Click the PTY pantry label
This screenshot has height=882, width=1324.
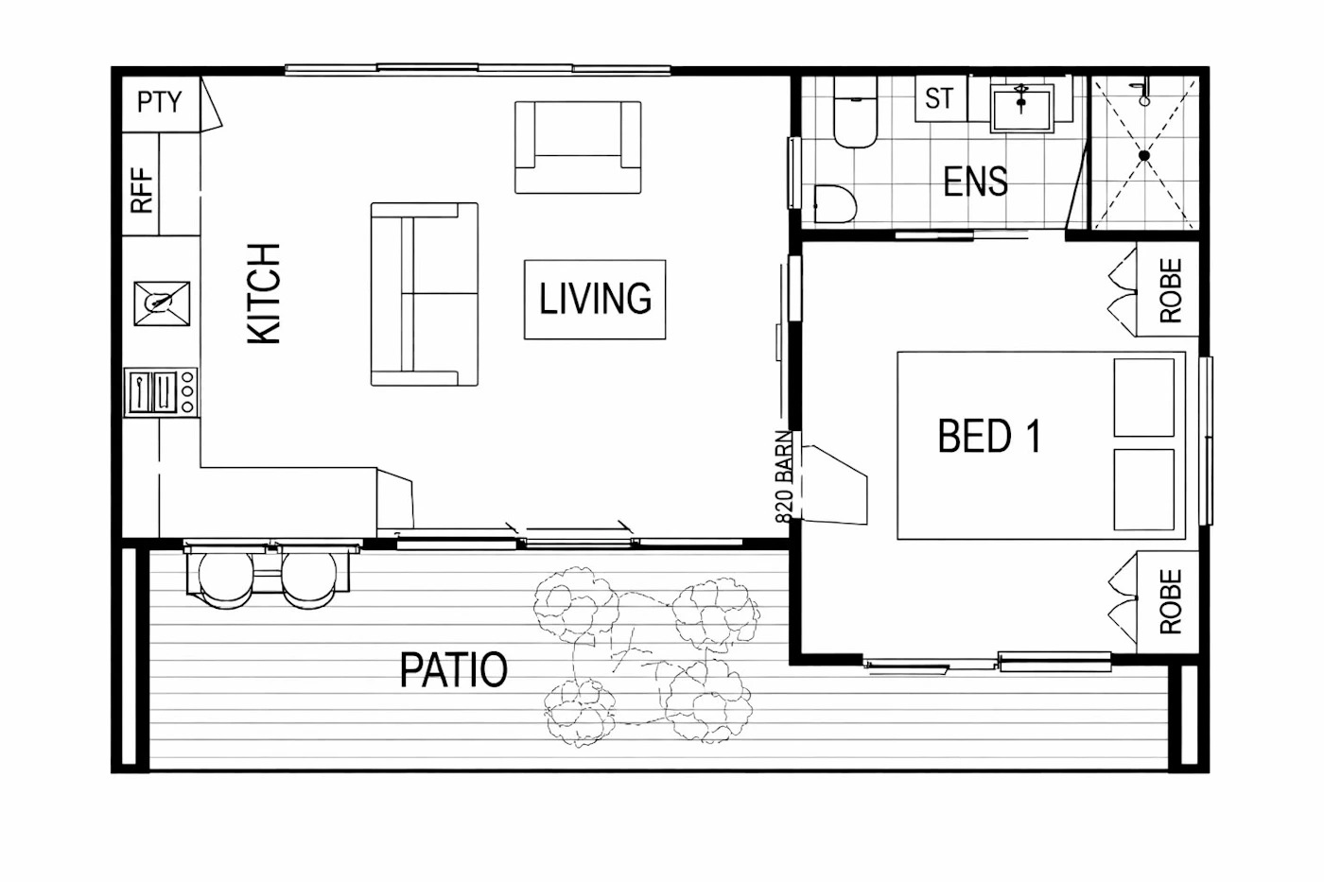tap(160, 101)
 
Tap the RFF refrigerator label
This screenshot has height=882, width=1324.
tap(142, 190)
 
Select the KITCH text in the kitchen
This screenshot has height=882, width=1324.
tap(264, 293)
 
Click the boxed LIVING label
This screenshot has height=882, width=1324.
tap(595, 299)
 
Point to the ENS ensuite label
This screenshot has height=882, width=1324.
tap(975, 182)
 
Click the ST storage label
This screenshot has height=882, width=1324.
tap(939, 98)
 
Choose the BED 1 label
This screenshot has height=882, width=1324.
tap(989, 436)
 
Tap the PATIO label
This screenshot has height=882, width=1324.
tap(453, 669)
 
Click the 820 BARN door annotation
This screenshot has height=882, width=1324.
tap(784, 476)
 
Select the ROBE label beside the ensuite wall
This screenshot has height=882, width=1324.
tap(1171, 290)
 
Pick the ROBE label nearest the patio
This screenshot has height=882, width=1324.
tap(1171, 601)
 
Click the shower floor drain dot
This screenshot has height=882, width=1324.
tap(1143, 156)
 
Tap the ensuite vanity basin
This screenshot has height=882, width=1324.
tap(1022, 108)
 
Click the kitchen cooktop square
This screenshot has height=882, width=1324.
tap(162, 303)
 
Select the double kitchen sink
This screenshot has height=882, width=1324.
tap(153, 391)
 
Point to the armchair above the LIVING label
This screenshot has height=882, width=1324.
tap(578, 147)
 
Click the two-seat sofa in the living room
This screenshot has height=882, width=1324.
tap(425, 294)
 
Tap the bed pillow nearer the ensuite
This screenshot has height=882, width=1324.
tap(1143, 398)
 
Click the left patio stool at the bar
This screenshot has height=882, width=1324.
tap(225, 579)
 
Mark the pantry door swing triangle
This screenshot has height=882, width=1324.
tap(210, 105)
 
